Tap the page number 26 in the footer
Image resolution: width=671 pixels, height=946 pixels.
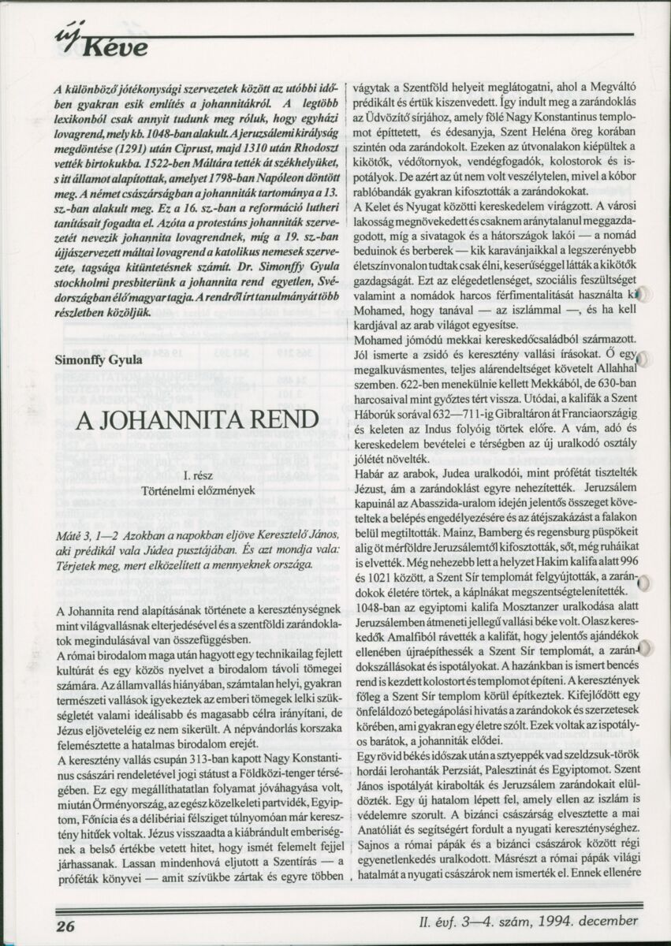(65, 923)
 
